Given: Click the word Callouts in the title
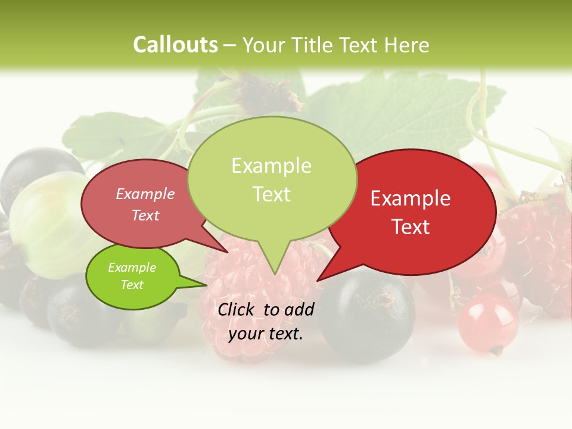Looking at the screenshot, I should (175, 45).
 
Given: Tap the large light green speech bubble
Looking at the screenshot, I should (272, 179).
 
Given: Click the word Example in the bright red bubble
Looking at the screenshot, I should (411, 198).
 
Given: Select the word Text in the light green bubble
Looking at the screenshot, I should (272, 194).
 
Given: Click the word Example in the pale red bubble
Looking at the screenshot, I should (145, 194).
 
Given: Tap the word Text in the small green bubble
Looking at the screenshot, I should (132, 285).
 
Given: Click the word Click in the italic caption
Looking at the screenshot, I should (238, 309).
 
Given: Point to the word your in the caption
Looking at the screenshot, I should (245, 334).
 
